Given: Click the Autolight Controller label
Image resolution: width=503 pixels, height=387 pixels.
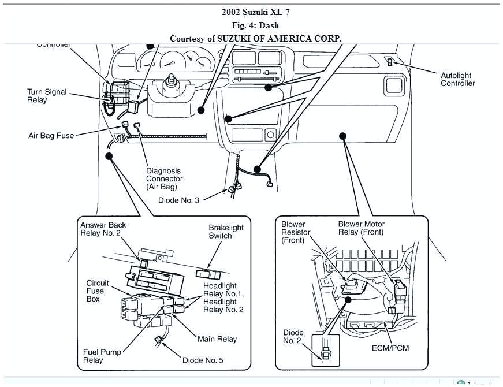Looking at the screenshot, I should point(458,79).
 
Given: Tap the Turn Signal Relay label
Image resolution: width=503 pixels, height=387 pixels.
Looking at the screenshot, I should point(47,96).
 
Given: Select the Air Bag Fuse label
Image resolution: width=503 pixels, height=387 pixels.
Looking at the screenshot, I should point(51,136).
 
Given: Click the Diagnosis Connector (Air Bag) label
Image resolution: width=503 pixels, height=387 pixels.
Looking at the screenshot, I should point(163,178).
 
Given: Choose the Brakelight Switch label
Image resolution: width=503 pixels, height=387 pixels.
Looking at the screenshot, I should point(226,232).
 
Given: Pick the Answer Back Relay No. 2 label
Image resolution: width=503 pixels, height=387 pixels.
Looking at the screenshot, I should point(103,229).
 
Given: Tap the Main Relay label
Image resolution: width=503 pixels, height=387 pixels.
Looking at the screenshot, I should point(217,339).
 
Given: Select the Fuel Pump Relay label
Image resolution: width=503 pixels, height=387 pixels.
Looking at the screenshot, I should point(101,356).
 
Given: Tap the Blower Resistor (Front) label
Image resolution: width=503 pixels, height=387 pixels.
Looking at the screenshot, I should point(296,232).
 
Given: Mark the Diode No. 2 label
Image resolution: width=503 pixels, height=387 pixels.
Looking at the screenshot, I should point(292,337).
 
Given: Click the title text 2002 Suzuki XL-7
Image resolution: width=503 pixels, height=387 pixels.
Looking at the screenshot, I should point(252,12).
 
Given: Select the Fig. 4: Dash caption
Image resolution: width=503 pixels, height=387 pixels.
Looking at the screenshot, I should point(252,25).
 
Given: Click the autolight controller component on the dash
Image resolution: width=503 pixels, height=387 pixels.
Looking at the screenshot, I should point(391,62).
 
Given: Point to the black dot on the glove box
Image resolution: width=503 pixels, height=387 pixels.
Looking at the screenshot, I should point(342,136).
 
